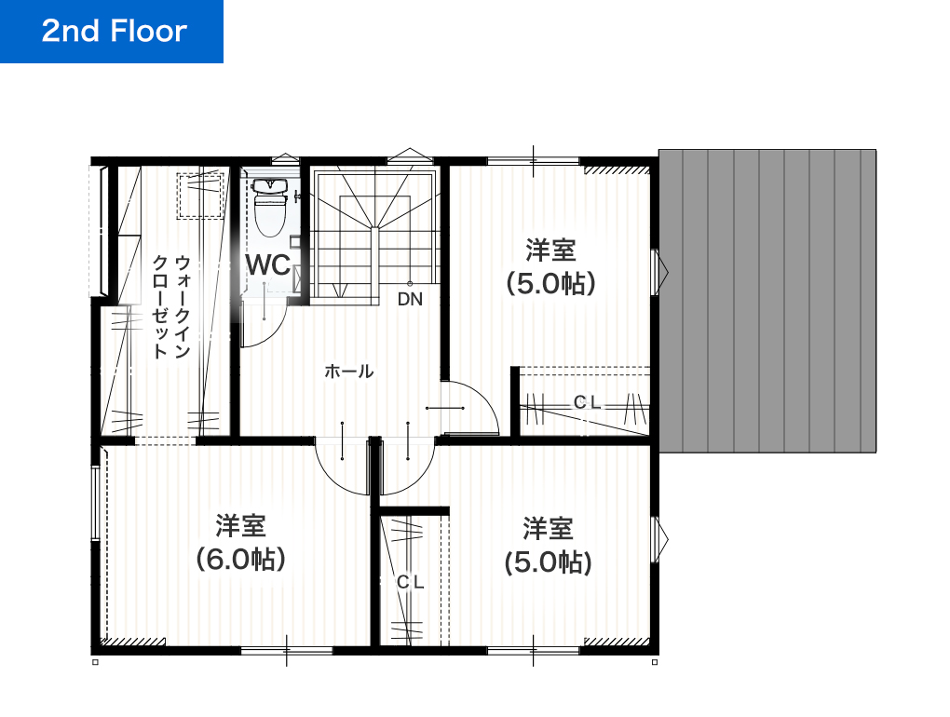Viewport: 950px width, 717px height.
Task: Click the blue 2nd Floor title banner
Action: (112, 32)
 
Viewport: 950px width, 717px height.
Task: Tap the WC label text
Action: (268, 264)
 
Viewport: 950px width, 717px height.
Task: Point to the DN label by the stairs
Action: (410, 300)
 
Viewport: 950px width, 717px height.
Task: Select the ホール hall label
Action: (348, 372)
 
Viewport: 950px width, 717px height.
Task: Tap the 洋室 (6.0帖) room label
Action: (240, 543)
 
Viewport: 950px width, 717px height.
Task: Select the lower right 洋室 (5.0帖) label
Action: (547, 546)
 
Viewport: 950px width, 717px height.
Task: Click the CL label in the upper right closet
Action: (587, 402)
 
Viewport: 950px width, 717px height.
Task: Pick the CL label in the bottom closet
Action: (410, 582)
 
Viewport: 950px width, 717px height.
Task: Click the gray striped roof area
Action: (767, 300)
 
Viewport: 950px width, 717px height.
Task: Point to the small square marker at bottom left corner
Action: (95, 663)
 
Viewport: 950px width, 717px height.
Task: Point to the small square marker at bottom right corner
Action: (655, 663)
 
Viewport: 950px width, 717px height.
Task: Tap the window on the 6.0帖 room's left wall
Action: (95, 503)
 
